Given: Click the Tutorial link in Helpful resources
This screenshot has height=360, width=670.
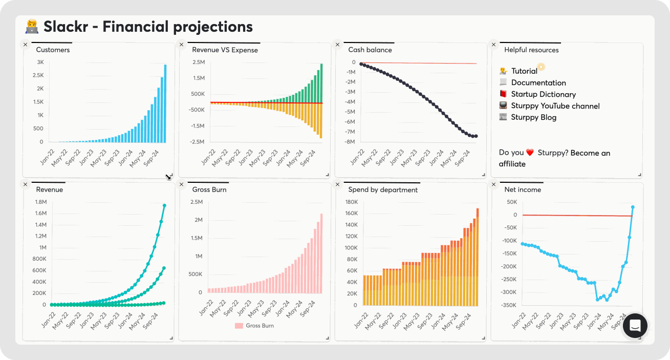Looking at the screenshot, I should tap(524, 71).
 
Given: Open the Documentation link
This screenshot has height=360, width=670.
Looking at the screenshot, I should tap(538, 82).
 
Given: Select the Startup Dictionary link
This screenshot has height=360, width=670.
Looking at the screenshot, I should tap(543, 94).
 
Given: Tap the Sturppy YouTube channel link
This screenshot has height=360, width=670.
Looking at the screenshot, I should tap(555, 106).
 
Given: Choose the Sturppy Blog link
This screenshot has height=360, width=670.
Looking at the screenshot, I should tap(533, 117).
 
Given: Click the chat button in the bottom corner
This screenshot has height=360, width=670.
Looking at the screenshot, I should tap(635, 326).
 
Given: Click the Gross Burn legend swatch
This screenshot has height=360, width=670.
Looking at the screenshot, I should tap(239, 326).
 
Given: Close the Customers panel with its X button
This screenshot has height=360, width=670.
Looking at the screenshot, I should tap(25, 45).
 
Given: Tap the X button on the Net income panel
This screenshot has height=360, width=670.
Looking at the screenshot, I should tap(494, 184).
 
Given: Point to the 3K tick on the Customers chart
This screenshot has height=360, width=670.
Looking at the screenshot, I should tap(40, 62).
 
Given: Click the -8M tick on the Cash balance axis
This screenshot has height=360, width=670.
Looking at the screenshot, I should tap(350, 142).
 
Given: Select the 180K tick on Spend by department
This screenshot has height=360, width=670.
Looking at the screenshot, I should tap(351, 202).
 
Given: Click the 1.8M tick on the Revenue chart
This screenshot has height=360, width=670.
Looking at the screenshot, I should tap(40, 202).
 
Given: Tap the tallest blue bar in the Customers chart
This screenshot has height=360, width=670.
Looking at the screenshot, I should tap(165, 102).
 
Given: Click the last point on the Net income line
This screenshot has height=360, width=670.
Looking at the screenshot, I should tap(633, 207).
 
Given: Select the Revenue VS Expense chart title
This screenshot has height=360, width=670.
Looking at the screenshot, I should tap(225, 50).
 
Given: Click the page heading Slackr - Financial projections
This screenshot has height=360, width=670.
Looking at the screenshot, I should tap(148, 27).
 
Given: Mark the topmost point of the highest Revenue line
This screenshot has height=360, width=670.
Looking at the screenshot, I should tap(164, 206).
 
